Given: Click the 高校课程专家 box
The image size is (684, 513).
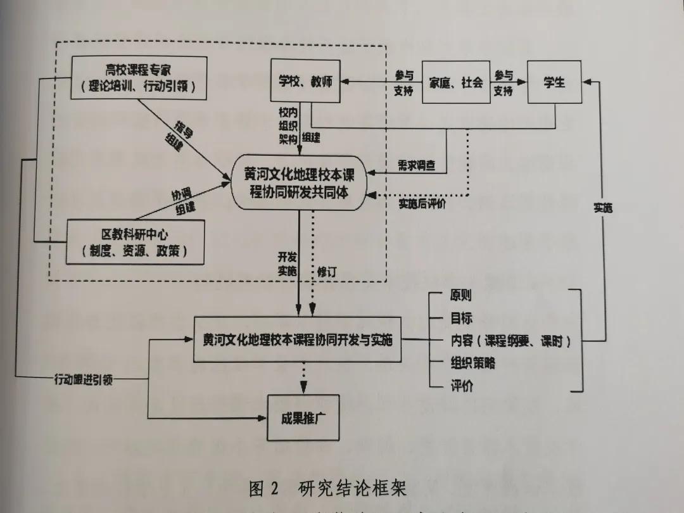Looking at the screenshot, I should pos(138,77).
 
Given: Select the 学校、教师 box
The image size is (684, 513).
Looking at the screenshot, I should pos(305,82).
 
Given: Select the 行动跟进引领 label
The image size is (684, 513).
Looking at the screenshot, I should pos(84,381).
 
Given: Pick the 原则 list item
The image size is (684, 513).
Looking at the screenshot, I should pos(460,295).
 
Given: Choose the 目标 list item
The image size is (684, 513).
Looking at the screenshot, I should pos(460,318).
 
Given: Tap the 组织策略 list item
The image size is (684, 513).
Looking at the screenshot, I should pos(472,363).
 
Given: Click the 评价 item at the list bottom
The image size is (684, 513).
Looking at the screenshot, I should pos(461,386).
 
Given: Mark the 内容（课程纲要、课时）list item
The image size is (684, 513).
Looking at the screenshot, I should pos(510,341).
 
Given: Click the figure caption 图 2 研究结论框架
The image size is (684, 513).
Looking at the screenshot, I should pos(327,489).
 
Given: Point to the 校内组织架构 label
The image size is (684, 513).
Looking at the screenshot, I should pos(287,125).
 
